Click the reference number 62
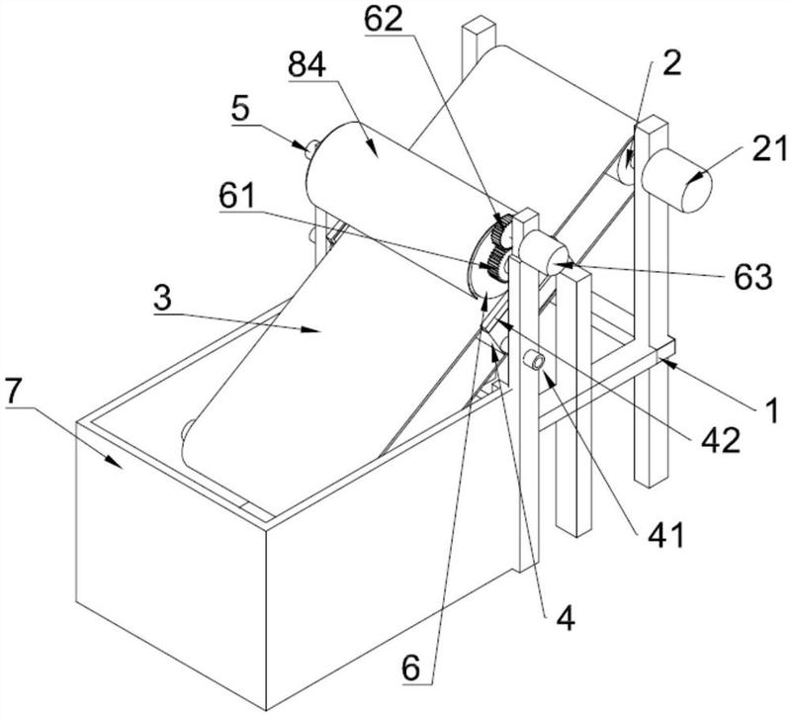[384, 19]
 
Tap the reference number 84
[308, 64]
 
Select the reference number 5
[240, 108]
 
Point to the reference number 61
[237, 195]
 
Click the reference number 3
[162, 299]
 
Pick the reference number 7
[14, 390]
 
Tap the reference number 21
[769, 150]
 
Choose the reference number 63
[752, 277]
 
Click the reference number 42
[722, 440]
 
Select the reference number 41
[665, 535]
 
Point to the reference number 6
[410, 669]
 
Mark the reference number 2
[672, 63]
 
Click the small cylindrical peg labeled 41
[534, 361]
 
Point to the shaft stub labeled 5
[311, 148]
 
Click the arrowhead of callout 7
[115, 462]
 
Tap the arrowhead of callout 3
[311, 330]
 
